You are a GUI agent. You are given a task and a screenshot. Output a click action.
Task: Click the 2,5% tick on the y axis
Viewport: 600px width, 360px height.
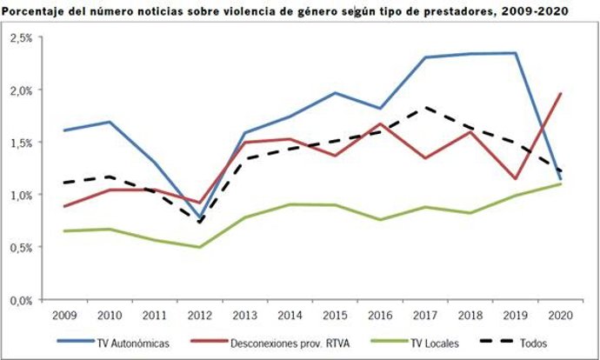point(21,38)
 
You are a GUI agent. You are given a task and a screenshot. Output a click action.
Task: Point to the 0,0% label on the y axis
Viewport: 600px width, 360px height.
point(21,299)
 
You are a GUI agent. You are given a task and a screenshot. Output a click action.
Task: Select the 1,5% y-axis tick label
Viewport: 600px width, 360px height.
point(21,143)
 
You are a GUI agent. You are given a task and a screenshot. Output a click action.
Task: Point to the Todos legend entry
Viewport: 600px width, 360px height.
point(520,342)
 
